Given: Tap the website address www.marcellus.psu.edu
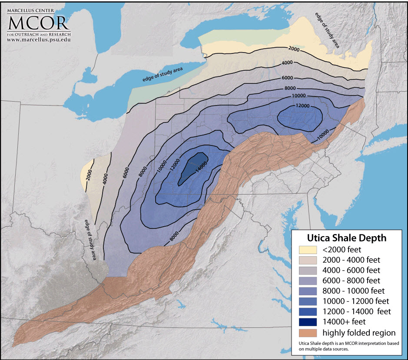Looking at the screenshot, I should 38,40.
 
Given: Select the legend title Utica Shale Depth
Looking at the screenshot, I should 346,238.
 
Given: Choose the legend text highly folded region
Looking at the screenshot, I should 359,333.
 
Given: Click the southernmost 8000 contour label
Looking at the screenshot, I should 174,236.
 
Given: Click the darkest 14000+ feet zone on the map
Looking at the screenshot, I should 192,167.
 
